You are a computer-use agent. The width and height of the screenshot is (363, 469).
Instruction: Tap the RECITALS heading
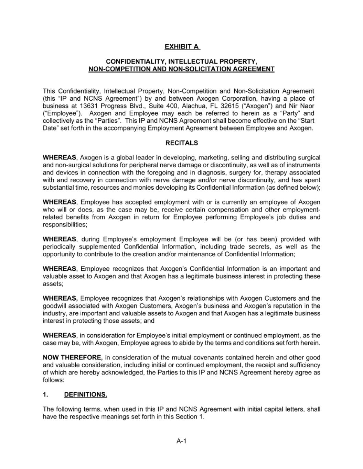(x=182, y=143)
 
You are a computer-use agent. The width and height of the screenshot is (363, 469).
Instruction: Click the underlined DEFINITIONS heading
(x=85, y=394)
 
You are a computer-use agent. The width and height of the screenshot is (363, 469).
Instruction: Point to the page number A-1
(x=181, y=441)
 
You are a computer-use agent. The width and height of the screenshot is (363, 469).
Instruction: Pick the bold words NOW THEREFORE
(x=73, y=357)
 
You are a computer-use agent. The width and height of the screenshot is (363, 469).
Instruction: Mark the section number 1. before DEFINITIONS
(x=45, y=394)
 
